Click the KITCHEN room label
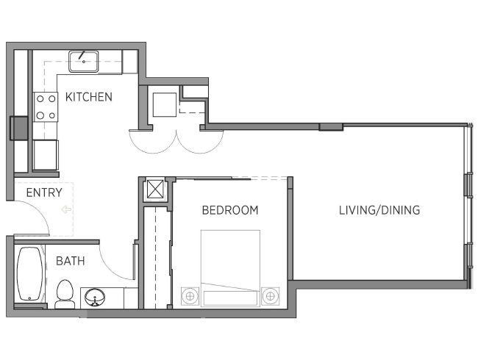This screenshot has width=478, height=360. pos(89,97)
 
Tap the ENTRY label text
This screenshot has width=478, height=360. pos(44,192)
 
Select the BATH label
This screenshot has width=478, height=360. pos(70,261)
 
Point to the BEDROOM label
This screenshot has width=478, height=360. pos(230,210)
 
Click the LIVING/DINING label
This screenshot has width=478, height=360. pos(379,210)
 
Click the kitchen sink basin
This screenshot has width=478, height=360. pos(84,62)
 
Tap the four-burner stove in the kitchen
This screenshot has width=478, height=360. pos(46,107)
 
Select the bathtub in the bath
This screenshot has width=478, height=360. pos(30,274)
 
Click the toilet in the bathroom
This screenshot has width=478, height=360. pos(65,294)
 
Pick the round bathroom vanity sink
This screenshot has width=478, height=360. pos(95,298)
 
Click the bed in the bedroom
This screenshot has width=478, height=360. pos(230,268)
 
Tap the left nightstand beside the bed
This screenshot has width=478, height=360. pos(190,296)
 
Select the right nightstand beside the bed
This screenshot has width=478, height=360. pos(270,296)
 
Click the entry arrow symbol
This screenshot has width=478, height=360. pos(66,209)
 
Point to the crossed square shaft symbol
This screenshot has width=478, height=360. pos(155,189)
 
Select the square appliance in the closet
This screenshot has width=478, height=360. pos(165,105)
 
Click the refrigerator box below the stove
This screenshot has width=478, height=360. pos(46,155)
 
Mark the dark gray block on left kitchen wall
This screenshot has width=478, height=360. pos(19,129)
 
